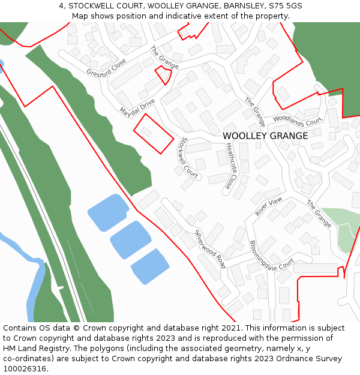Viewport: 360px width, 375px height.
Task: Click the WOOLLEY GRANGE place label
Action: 265,136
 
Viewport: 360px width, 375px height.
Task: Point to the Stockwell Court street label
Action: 188,158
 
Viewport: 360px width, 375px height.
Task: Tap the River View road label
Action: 268,206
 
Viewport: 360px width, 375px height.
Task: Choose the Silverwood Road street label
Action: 210,248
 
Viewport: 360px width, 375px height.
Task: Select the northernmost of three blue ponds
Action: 108,211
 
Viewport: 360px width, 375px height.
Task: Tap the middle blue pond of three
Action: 130,238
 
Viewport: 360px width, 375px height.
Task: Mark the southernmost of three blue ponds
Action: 150,266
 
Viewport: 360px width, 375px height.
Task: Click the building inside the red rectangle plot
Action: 146,131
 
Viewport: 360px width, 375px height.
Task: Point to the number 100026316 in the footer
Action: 24,369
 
